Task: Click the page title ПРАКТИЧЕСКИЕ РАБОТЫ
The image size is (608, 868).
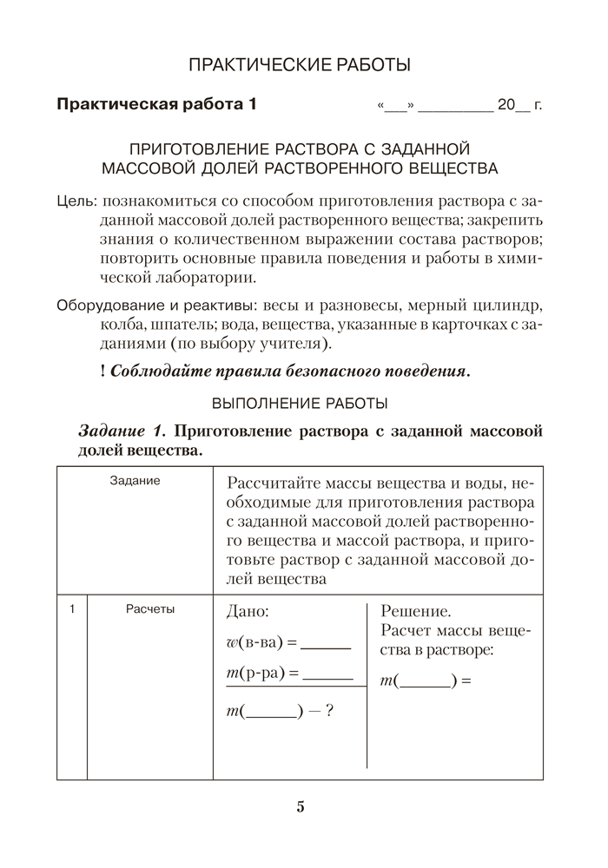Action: (300, 64)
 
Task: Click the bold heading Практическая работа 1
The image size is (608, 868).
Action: (156, 106)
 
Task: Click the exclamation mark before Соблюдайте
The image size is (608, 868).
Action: (103, 372)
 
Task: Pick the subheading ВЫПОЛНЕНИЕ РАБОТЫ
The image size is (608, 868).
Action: (301, 403)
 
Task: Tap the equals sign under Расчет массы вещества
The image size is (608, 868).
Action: (466, 681)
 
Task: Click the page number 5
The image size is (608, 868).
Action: (301, 807)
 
